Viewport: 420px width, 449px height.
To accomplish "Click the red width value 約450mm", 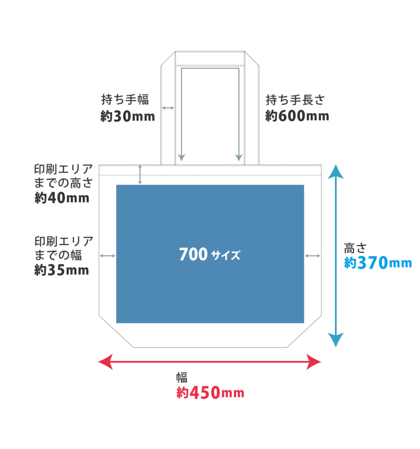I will click(210, 393).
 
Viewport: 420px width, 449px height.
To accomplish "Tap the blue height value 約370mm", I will click(378, 263).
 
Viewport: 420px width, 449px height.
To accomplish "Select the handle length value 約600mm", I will click(297, 116).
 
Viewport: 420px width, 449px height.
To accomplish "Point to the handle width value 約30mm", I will click(127, 116).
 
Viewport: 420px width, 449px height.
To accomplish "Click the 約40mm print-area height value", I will click(61, 198).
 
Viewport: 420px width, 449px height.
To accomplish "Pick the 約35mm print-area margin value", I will click(61, 270).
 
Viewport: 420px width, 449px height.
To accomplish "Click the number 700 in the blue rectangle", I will click(193, 255).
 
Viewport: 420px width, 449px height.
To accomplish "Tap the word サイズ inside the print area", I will click(225, 256).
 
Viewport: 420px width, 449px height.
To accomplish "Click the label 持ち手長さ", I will click(295, 100).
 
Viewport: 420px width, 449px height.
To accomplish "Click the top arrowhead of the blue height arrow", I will click(337, 172).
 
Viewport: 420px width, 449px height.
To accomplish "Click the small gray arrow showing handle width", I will click(168, 108).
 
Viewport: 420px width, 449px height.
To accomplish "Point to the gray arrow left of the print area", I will click(108, 256).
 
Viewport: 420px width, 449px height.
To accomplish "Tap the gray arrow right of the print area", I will click(313, 256).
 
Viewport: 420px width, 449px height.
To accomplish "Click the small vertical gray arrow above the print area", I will click(140, 174).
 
